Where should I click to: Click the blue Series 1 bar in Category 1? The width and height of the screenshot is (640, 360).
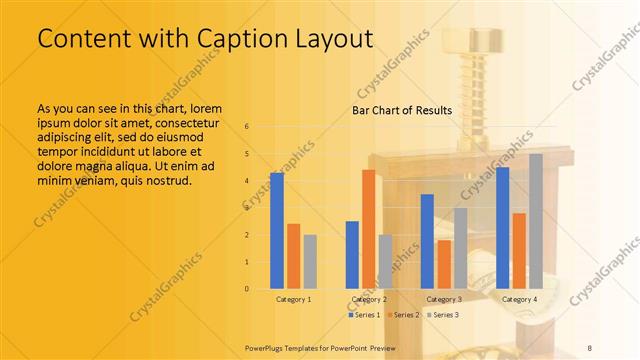point(277,231)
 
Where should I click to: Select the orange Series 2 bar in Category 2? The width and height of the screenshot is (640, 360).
point(369,229)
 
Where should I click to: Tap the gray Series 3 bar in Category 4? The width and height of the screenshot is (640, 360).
point(536,221)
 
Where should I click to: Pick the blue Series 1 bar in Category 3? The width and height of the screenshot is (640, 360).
point(427,241)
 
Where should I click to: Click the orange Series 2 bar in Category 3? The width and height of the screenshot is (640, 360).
point(444,264)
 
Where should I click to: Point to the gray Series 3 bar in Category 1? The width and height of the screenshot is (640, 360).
point(310,262)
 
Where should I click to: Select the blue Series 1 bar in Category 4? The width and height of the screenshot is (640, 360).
point(503,228)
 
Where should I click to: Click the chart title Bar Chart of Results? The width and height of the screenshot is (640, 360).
point(402,110)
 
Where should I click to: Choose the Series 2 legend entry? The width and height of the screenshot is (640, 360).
point(402,315)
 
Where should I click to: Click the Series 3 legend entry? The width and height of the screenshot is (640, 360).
point(443,315)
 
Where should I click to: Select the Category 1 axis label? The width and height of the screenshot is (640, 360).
point(294,299)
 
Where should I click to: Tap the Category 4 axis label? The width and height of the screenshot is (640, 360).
point(519,299)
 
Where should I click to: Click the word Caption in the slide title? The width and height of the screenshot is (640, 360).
point(221,38)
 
